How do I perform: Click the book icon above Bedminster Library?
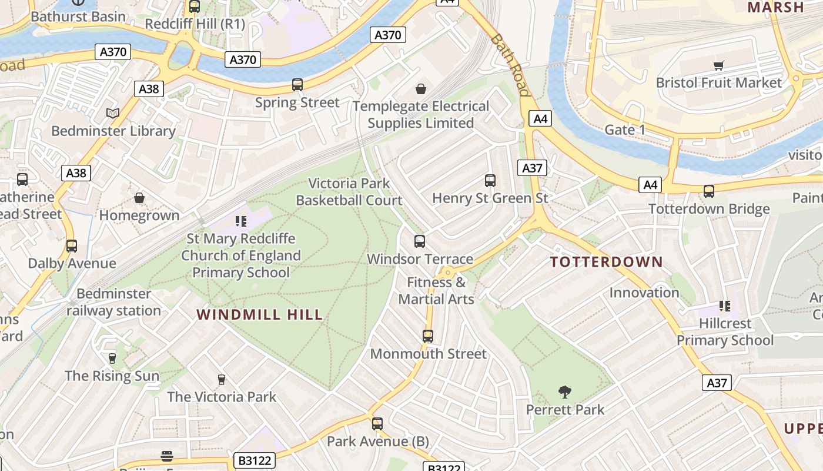(x=112, y=113)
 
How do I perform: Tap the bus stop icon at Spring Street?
(x=297, y=85)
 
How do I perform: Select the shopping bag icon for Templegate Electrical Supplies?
(x=421, y=89)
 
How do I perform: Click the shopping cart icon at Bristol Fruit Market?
(x=718, y=65)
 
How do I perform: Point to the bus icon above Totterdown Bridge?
(x=709, y=191)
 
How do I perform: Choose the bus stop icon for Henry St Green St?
(x=490, y=181)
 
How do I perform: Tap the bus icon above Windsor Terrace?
(x=420, y=241)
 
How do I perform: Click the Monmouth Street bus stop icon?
(x=428, y=336)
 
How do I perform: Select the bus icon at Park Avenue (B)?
(x=377, y=424)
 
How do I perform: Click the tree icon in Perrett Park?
(x=565, y=392)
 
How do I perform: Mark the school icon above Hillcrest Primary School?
(x=725, y=306)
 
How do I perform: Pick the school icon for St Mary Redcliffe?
(x=240, y=221)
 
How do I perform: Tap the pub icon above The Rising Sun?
(x=112, y=358)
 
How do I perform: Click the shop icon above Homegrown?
(x=139, y=198)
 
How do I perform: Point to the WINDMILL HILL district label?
(x=260, y=315)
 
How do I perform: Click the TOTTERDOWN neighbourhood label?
(x=607, y=262)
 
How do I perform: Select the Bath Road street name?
(x=510, y=65)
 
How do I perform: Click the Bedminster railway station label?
(x=113, y=302)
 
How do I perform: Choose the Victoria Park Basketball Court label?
(x=349, y=192)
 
